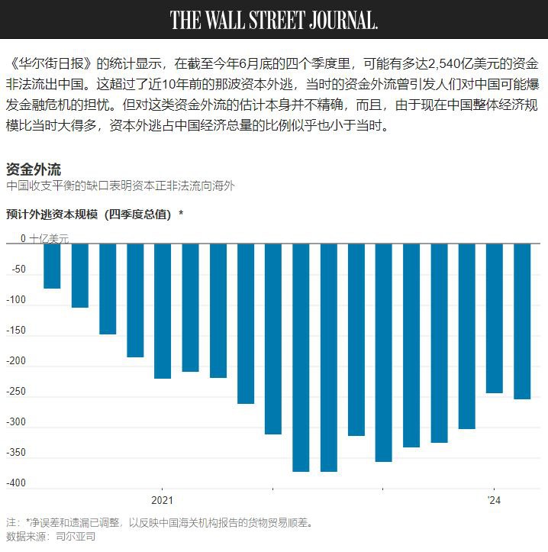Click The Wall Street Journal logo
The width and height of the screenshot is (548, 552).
click(274, 19)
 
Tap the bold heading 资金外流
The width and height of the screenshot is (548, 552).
click(34, 169)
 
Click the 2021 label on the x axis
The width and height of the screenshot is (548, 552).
click(162, 501)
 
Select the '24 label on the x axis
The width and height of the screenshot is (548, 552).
click(494, 501)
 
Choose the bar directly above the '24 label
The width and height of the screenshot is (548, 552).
click(495, 318)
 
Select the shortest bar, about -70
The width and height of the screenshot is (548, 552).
click(52, 266)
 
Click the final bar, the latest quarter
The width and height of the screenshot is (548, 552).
click(522, 321)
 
